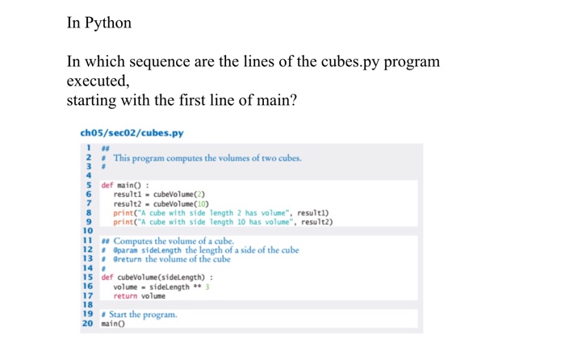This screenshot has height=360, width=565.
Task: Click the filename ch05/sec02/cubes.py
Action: pos(132,133)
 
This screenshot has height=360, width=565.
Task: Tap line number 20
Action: pos(87,323)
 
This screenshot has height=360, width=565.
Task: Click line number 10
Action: pos(87,231)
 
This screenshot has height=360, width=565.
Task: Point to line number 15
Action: pos(87,277)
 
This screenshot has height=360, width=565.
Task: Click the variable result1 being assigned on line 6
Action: pos(129,195)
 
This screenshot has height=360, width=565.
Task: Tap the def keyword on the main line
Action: pos(107,186)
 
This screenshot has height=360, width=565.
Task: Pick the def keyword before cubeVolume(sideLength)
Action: pos(107,277)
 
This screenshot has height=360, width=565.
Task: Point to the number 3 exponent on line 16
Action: pos(207,287)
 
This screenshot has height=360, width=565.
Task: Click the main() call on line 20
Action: pos(113,323)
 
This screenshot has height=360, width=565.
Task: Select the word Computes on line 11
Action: pos(133,241)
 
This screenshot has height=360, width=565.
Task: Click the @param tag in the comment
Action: pos(126,250)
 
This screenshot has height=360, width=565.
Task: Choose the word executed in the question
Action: pos(97,82)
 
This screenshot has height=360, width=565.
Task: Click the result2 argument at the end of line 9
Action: pos(317,222)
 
